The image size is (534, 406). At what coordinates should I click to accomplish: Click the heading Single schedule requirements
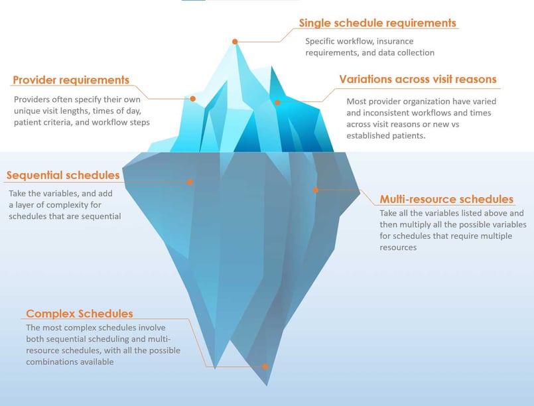click(377, 23)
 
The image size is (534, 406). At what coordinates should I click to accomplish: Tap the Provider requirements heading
click(71, 80)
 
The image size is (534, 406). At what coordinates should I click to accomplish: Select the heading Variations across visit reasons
click(418, 79)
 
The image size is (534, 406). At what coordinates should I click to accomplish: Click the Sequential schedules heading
click(63, 175)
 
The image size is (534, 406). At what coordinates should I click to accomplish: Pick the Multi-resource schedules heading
click(446, 199)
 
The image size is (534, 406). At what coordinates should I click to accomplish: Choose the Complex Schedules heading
click(80, 313)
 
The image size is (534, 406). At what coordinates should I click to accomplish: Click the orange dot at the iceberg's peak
click(235, 42)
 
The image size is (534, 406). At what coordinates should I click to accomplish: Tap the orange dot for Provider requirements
click(193, 99)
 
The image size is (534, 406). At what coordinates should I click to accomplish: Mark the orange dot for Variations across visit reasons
click(277, 103)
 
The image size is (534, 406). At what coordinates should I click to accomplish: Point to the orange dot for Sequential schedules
click(190, 182)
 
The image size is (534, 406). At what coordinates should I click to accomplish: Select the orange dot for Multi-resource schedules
click(316, 190)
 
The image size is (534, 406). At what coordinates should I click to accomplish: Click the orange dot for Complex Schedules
click(265, 366)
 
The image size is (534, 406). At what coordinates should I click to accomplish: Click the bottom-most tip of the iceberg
click(267, 385)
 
